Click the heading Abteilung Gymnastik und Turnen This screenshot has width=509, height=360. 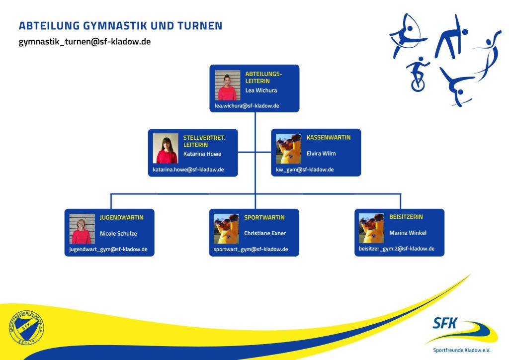pyautogui.click(x=120, y=26)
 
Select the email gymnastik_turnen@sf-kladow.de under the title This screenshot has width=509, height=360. pyautogui.click(x=85, y=42)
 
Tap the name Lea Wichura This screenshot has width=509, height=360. pyautogui.click(x=261, y=90)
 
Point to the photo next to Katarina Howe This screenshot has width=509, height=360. pyautogui.click(x=165, y=148)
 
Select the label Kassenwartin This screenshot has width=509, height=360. pyautogui.click(x=328, y=137)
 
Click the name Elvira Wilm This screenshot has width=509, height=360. pyautogui.click(x=321, y=153)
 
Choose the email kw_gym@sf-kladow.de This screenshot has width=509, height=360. pyautogui.click(x=305, y=170)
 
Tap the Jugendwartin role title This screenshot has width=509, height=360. pyautogui.click(x=121, y=217)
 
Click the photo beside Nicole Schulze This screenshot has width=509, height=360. pyautogui.click(x=82, y=229)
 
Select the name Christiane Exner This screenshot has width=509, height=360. pyautogui.click(x=265, y=233)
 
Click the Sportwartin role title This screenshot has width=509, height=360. pyautogui.click(x=264, y=217)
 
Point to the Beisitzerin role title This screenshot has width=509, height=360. pyautogui.click(x=406, y=217)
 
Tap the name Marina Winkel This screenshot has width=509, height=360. pyautogui.click(x=408, y=233)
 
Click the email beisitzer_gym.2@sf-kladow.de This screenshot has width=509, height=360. pyautogui.click(x=397, y=249)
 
